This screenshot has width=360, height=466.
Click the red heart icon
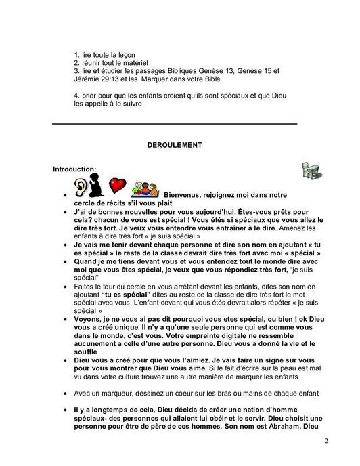tap(118, 184)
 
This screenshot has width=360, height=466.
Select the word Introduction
tap(74, 168)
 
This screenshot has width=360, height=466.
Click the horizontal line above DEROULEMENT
tap(175, 124)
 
